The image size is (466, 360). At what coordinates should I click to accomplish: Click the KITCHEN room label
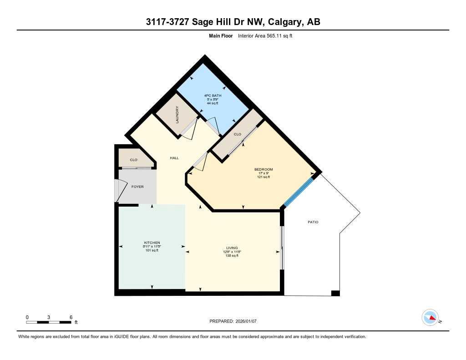click(x=152, y=243)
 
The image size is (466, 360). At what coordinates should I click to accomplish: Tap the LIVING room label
click(x=232, y=248)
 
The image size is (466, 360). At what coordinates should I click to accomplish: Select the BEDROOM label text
click(x=263, y=169)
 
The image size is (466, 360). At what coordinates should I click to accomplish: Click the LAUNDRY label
click(x=177, y=115)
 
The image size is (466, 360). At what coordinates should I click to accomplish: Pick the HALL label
click(x=174, y=158)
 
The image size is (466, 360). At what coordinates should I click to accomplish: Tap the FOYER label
click(x=137, y=187)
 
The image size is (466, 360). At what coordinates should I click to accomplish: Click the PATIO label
click(x=313, y=222)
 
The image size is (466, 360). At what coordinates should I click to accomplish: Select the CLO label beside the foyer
click(x=134, y=160)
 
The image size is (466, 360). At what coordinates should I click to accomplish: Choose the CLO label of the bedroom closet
click(x=237, y=135)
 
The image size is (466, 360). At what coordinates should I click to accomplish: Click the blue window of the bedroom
click(x=299, y=192)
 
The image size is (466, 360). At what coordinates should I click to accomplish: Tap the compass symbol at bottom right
click(x=430, y=318)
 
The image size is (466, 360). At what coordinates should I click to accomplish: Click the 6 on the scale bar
click(x=71, y=317)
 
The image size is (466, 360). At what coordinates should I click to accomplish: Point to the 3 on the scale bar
click(x=49, y=317)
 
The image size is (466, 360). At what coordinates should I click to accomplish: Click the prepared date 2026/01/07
click(x=248, y=321)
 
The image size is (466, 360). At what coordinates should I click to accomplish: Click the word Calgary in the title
click(x=285, y=22)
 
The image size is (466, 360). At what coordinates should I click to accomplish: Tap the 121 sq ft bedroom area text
click(x=263, y=177)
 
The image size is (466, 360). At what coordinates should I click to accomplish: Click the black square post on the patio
click(x=335, y=293)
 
